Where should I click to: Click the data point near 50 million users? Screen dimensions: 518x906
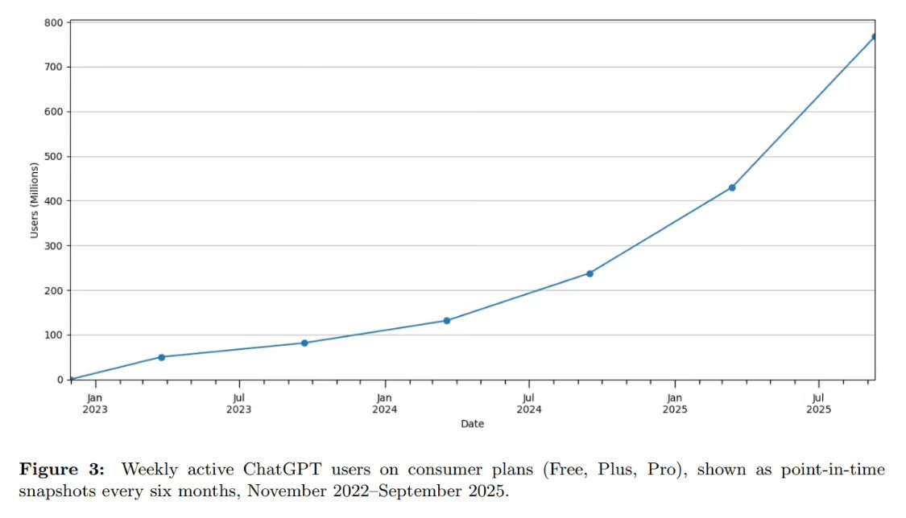click(161, 357)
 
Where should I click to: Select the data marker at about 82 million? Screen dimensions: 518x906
click(304, 343)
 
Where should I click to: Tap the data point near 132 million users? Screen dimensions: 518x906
click(447, 320)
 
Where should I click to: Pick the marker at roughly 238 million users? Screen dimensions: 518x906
click(590, 273)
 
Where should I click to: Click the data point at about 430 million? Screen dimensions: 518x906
click(732, 187)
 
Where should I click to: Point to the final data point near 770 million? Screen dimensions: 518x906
click(874, 37)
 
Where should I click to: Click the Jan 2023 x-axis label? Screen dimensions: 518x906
click(95, 403)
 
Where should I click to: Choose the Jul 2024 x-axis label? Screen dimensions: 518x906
click(528, 403)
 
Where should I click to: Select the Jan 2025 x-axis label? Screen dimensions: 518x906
click(675, 403)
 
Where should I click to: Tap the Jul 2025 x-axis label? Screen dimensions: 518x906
click(818, 403)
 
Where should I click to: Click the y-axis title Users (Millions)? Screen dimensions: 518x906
click(35, 201)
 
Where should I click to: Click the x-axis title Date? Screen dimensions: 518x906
click(472, 424)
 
